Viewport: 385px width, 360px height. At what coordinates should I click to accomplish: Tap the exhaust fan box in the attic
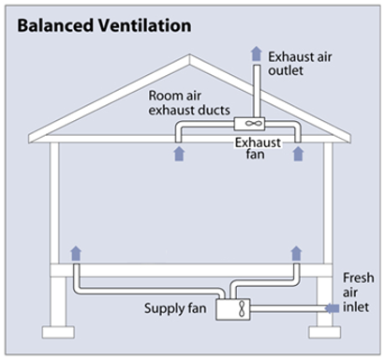coord(254,123)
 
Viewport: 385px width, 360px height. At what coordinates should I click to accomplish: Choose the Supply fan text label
coord(176,307)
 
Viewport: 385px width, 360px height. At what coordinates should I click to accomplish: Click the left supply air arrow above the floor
coord(76,250)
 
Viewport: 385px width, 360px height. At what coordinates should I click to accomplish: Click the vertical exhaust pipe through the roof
coord(254,89)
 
